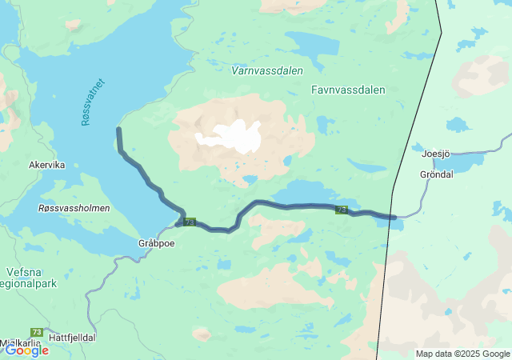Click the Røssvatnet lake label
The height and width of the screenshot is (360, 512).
pos(93,102)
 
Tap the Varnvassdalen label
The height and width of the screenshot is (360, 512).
pos(266,70)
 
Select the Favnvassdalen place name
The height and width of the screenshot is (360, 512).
pos(348,90)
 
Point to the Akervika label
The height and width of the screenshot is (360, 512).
pos(46,165)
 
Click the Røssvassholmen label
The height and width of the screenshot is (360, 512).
pos(74,208)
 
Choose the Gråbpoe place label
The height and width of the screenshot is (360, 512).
pos(155,243)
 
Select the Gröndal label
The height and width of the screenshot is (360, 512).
pos(436,174)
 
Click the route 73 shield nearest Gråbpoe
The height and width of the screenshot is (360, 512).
pos(189,222)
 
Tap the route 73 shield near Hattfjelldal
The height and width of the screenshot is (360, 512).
pos(37,331)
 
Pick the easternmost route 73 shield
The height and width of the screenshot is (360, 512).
pos(342,210)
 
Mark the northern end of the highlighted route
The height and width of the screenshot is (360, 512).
pos(119,129)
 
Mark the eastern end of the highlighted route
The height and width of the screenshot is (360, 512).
pos(394,217)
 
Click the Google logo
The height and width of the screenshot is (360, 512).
pos(26,350)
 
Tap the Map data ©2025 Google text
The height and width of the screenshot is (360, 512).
pos(462,354)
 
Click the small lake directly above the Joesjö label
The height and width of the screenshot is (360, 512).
pos(457,125)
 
